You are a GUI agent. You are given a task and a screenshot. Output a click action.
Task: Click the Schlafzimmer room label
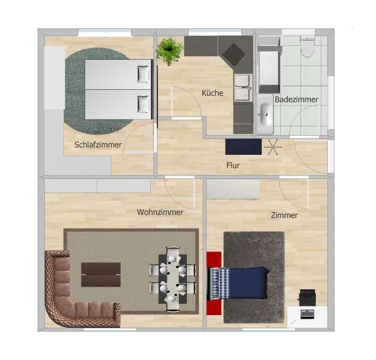click(x=98, y=145)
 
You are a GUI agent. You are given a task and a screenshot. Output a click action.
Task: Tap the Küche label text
click(x=212, y=93)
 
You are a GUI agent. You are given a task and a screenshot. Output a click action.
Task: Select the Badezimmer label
click(x=296, y=99)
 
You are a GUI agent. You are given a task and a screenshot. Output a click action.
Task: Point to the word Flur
click(x=233, y=165)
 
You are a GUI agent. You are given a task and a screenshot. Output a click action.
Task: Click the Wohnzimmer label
click(x=160, y=212)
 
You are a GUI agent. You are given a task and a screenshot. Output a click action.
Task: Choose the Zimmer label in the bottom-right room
click(x=284, y=215)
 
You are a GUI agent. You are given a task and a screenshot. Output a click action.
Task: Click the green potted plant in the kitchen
click(x=169, y=51)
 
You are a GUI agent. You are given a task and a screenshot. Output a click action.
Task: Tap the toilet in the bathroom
click(x=308, y=47)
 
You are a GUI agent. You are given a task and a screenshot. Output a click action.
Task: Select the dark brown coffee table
click(x=101, y=274)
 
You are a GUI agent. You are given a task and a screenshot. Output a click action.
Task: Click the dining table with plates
click(x=173, y=278)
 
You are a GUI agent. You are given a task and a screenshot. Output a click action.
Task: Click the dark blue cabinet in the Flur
click(x=243, y=147)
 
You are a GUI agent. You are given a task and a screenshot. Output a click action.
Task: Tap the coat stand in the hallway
click(x=273, y=147)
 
